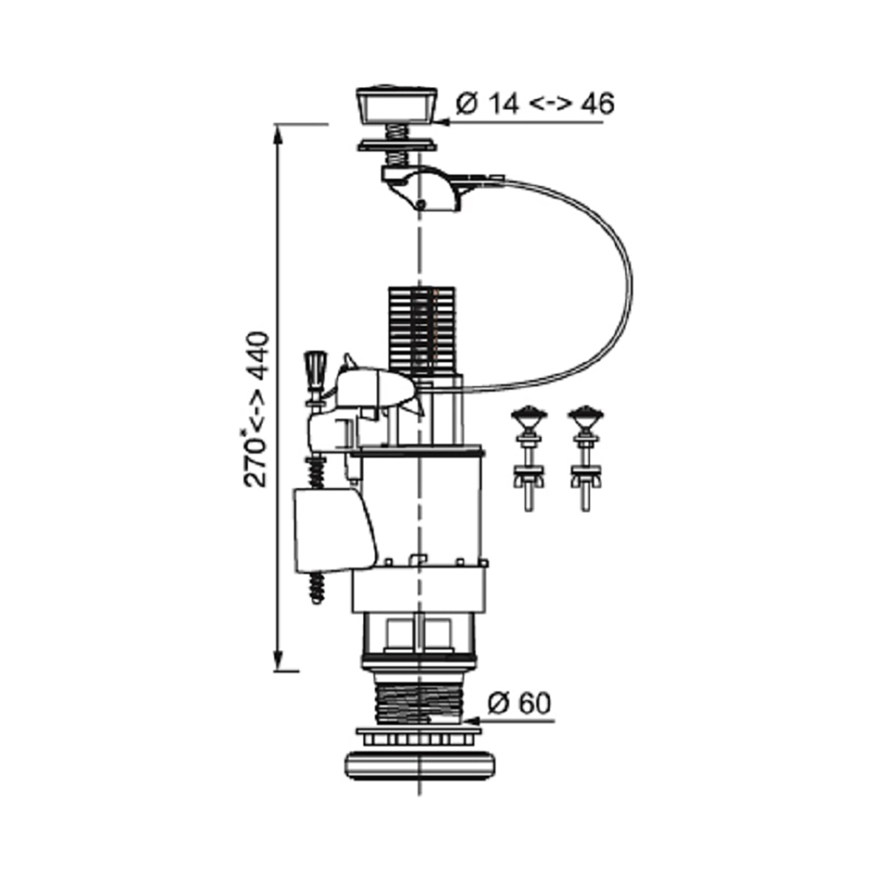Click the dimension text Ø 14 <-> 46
pos(535,104)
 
